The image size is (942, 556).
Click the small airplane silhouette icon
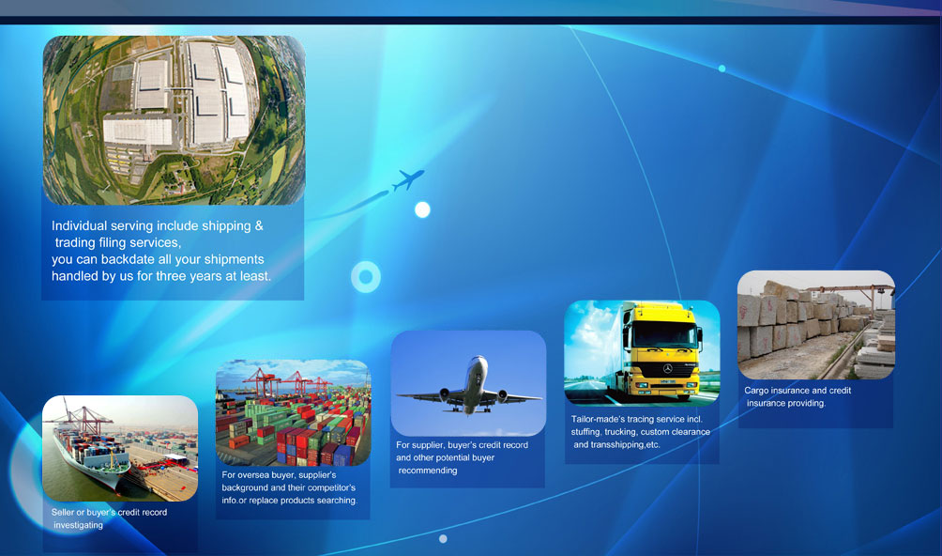point(408,179)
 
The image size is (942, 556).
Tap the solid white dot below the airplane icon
point(422,209)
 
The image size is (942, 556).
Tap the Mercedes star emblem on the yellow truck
point(667,368)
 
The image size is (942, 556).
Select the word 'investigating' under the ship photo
point(78,525)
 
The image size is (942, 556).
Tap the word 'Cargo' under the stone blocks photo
point(756,390)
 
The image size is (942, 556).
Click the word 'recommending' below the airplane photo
point(428,470)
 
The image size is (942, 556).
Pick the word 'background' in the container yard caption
point(245,487)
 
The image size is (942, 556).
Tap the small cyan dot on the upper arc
point(722,69)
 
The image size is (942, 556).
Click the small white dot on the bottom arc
point(444,538)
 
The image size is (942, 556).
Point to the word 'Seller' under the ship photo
point(63,512)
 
